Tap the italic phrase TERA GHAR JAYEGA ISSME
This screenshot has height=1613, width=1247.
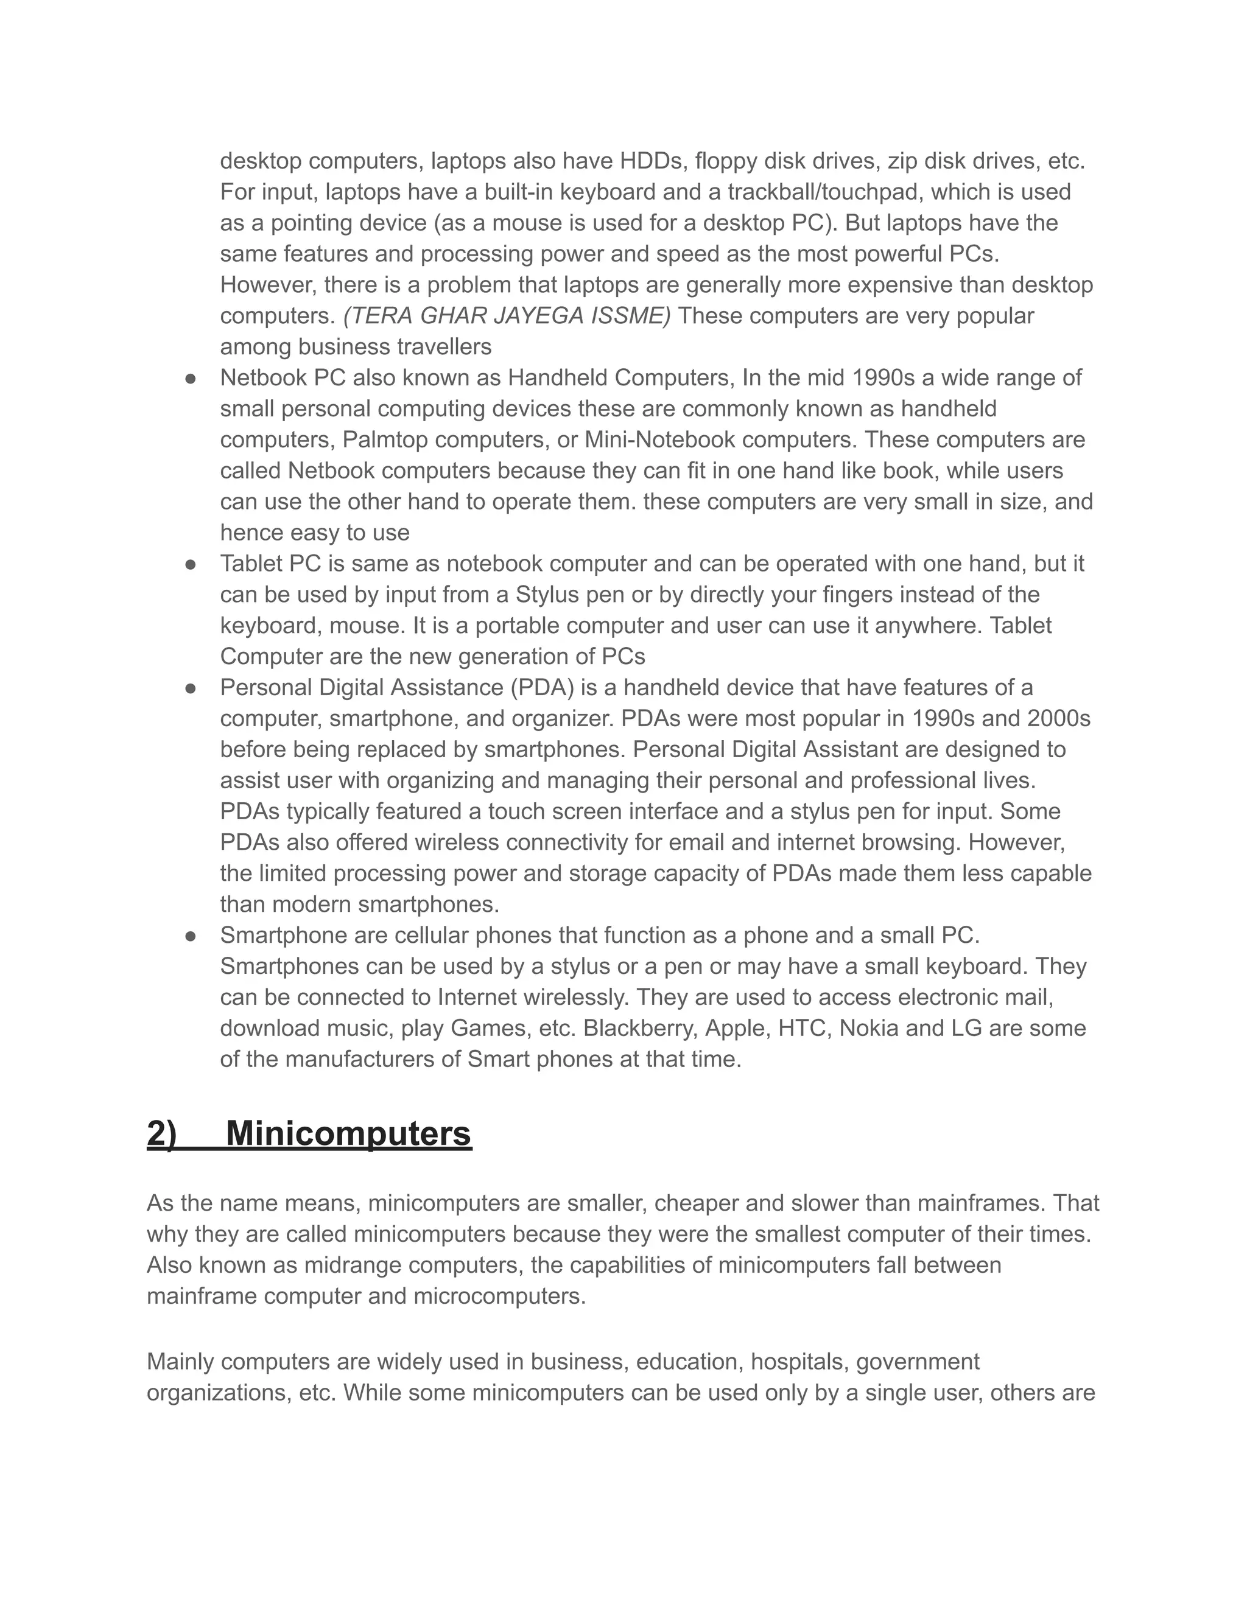(507, 315)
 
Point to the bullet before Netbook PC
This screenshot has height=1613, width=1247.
(191, 378)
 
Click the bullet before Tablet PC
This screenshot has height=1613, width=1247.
(191, 564)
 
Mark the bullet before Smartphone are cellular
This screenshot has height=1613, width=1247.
(191, 936)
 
